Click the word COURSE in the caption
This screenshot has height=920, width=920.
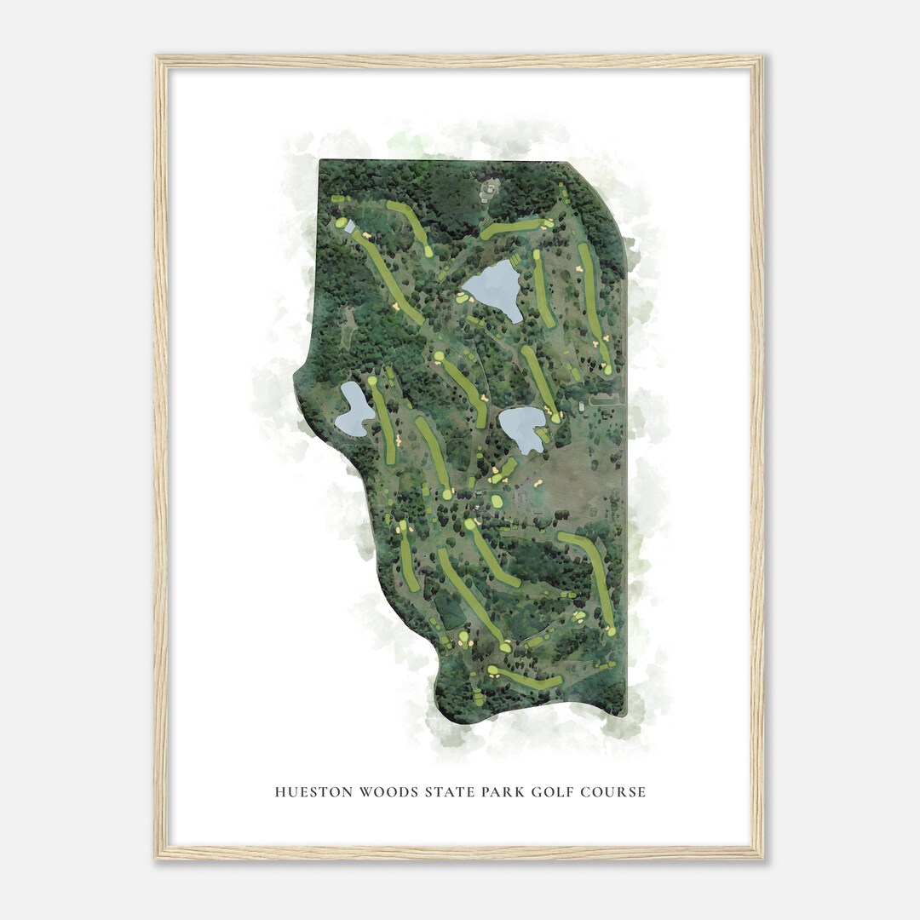coord(613,792)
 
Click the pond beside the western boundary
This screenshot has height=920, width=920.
coord(354,409)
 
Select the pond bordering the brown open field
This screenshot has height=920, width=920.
coord(522,428)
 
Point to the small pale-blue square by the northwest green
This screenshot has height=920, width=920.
coord(350,227)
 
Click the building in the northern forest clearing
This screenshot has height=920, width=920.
coord(489,190)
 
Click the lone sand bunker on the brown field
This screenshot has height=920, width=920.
coord(538,483)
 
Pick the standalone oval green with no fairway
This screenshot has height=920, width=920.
coord(497,501)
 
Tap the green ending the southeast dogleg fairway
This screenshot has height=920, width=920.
coord(611,631)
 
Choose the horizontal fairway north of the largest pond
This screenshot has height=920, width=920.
coord(514,227)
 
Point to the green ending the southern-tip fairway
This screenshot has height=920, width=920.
coord(492,671)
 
